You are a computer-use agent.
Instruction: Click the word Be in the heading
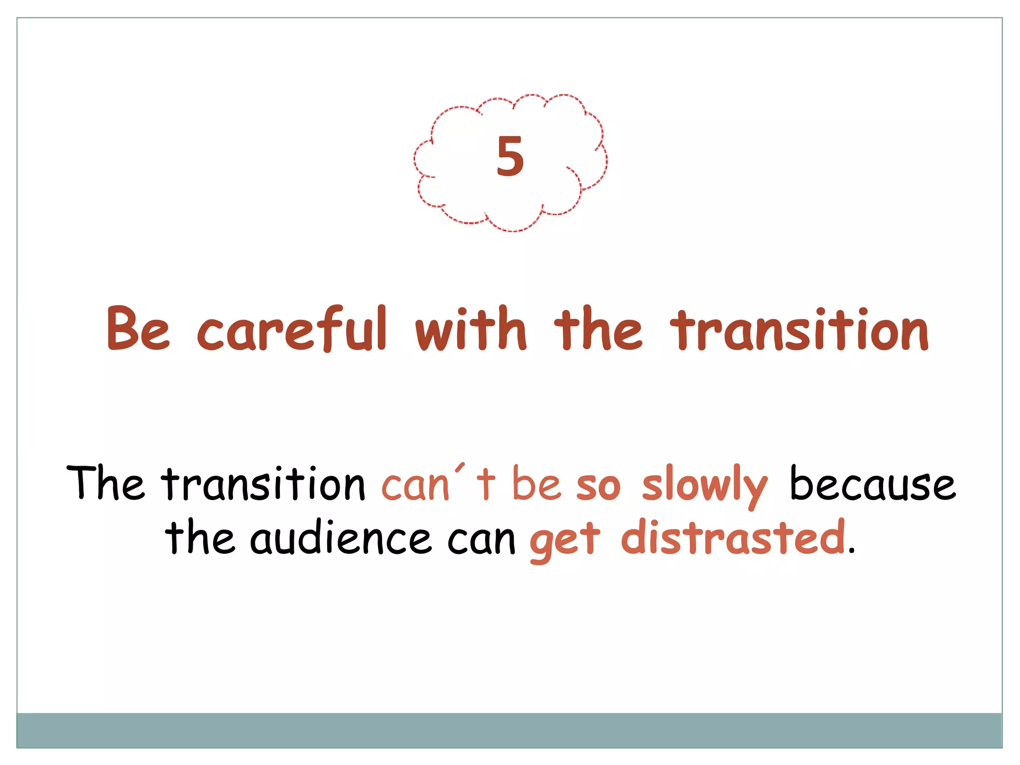point(138,329)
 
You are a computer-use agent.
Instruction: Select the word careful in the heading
point(292,329)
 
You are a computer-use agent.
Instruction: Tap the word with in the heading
point(471,329)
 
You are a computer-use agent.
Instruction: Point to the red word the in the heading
point(598,329)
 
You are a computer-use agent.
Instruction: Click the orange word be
point(537,484)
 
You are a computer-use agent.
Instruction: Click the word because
point(873,484)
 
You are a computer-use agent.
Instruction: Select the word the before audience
point(200,538)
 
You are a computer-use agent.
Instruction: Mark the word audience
point(341,538)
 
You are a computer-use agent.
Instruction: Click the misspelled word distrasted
point(733,538)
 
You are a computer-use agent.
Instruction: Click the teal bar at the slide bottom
point(509,730)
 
